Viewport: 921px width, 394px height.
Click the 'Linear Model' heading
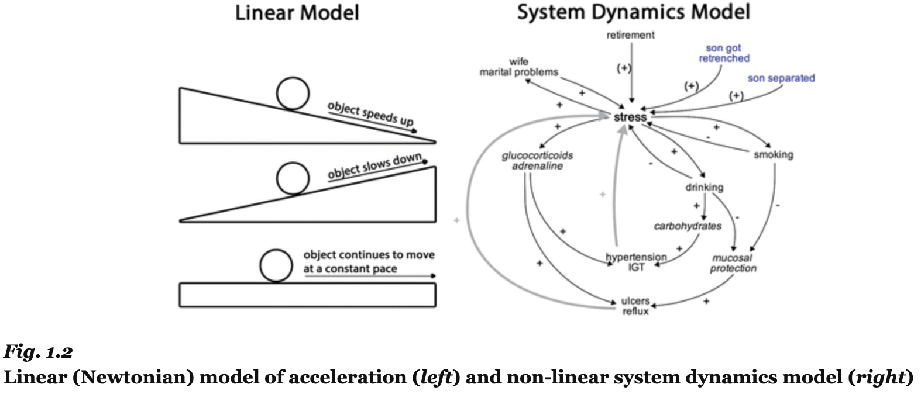[x=297, y=12]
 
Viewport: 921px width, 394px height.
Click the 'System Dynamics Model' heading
[x=633, y=12]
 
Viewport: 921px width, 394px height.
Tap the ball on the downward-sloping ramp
[x=293, y=93]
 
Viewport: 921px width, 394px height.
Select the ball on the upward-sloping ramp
[x=293, y=178]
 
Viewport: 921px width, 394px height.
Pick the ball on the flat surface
[x=276, y=265]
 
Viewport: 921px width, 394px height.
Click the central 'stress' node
[x=630, y=117]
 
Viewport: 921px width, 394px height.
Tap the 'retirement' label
[x=630, y=35]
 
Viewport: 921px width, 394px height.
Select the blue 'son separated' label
[x=781, y=78]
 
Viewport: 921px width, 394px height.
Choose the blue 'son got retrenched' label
[x=723, y=53]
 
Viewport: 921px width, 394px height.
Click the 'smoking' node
[x=773, y=154]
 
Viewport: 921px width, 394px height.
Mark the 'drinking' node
[x=704, y=187]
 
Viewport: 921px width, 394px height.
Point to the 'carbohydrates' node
[x=687, y=226]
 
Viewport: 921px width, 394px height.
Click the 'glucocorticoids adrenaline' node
[x=537, y=161]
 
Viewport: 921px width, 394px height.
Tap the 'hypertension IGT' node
[x=636, y=262]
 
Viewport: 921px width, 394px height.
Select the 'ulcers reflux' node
[x=635, y=306]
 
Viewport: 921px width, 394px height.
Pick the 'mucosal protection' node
[x=733, y=263]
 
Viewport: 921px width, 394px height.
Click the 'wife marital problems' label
[x=518, y=67]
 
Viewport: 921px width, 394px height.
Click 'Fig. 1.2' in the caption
[x=38, y=352]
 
